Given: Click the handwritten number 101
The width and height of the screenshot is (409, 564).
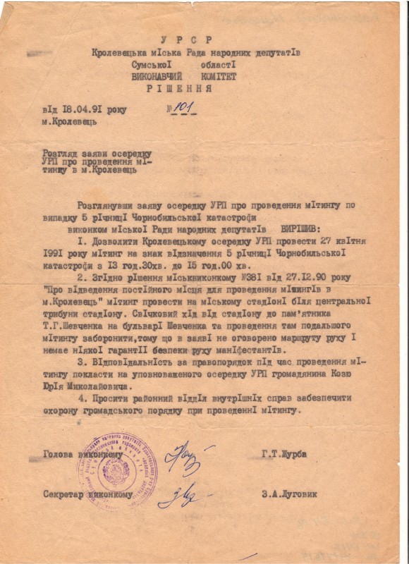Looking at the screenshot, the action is (x=182, y=108).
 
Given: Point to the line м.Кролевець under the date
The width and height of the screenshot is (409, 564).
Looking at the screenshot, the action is (x=69, y=122).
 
